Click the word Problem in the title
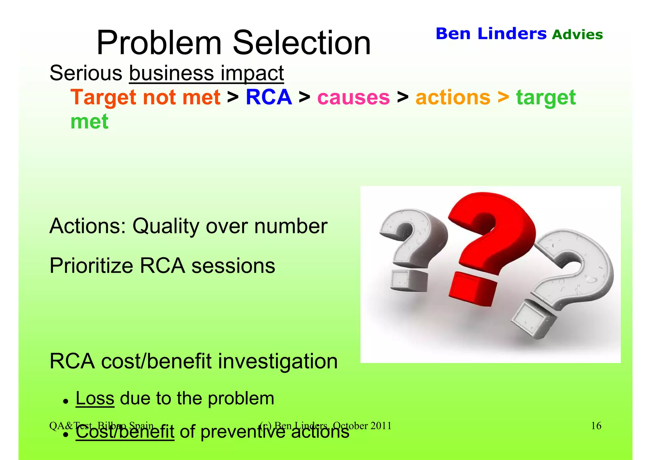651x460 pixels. pos(159,43)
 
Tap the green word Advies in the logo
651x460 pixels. pos(577,35)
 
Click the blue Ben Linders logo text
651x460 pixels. pos(491,34)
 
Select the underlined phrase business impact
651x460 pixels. pos(206,73)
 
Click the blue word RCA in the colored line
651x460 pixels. pos(269,97)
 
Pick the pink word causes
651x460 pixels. pos(353,98)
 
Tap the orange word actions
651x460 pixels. pos(453,98)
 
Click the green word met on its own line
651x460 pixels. pos(89,122)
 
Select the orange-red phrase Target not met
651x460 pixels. pos(145,97)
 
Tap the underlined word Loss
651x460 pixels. pos(95,398)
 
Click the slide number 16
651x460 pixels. pos(596,426)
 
